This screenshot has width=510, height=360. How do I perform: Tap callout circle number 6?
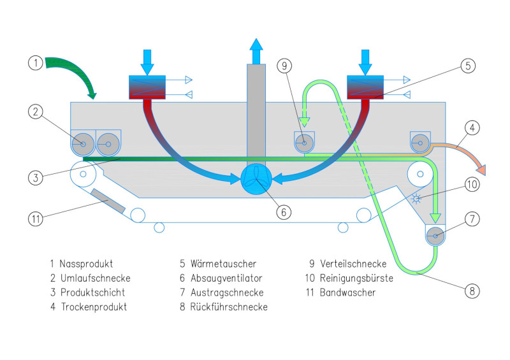tap(283, 212)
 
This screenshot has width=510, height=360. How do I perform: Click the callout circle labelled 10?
tap(472, 184)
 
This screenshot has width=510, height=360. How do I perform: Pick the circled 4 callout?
tap(472, 128)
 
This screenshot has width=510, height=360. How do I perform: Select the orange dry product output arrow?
tap(469, 160)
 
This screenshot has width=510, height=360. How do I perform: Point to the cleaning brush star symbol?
tap(418, 198)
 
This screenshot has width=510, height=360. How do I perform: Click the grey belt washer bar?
tap(108, 201)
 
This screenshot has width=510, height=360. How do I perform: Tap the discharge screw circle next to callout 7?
tap(435, 236)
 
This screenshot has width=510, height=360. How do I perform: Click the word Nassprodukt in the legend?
tap(87, 263)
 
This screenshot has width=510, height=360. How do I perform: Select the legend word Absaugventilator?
tap(226, 278)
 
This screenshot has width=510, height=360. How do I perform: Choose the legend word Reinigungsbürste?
tap(360, 278)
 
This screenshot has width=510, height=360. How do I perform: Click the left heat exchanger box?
tap(147, 87)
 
